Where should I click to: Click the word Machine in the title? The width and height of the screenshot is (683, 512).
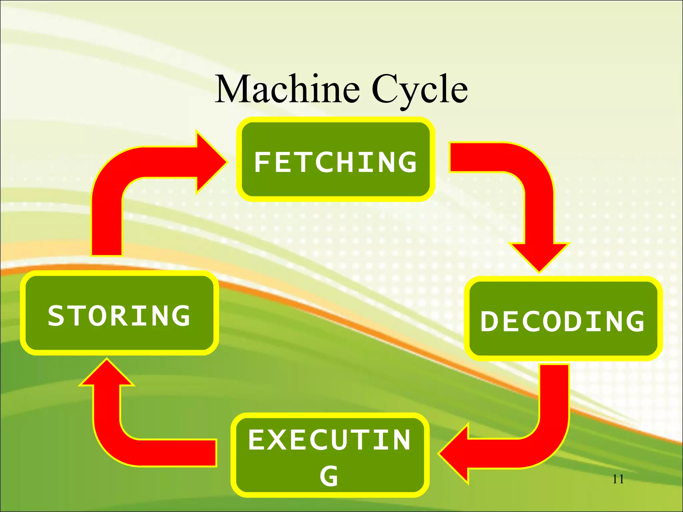click(x=287, y=89)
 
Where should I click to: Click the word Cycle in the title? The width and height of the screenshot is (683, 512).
click(x=420, y=89)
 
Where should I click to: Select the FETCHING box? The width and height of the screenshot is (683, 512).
click(x=335, y=159)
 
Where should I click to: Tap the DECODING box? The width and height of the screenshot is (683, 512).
click(x=563, y=319)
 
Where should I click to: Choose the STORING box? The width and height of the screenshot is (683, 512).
click(x=119, y=313)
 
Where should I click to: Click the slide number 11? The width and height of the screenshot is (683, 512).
click(x=618, y=479)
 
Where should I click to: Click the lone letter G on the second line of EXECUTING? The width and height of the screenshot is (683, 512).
click(x=329, y=476)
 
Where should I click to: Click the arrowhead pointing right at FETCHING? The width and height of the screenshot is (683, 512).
click(x=210, y=163)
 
